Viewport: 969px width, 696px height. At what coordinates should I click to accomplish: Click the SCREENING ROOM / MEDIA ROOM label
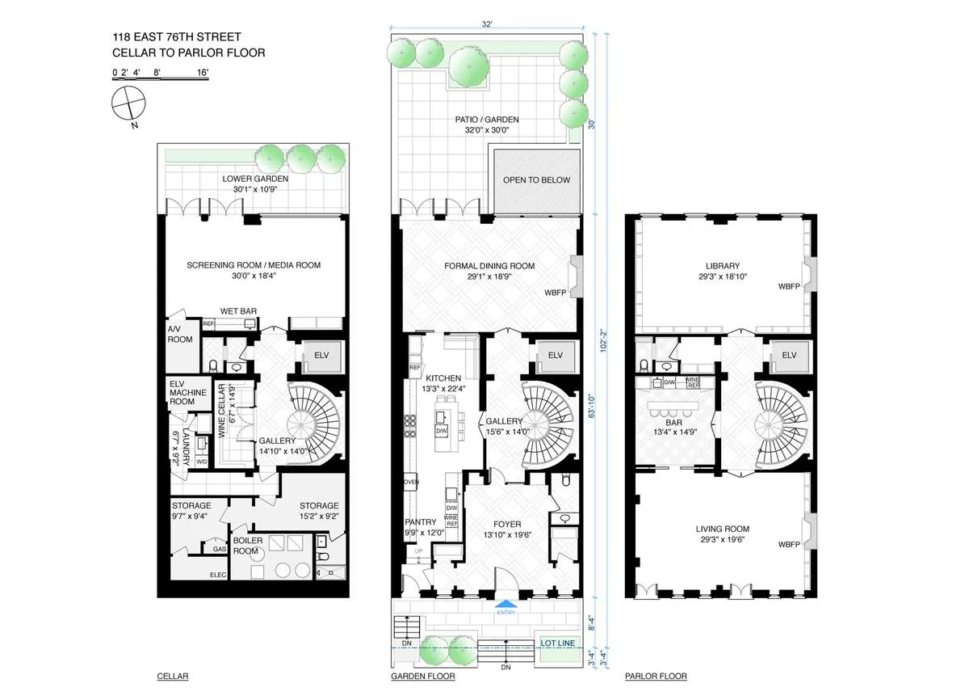[254, 265]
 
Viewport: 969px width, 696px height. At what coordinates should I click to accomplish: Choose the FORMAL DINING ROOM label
[489, 266]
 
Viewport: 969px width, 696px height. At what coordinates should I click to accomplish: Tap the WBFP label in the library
[788, 286]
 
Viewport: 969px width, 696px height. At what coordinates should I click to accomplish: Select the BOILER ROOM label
[247, 546]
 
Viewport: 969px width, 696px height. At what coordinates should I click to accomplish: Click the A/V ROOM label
[180, 334]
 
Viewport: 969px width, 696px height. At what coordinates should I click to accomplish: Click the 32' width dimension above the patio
[487, 25]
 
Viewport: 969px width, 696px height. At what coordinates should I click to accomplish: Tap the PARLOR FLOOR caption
[656, 676]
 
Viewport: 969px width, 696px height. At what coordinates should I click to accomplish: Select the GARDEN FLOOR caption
[422, 676]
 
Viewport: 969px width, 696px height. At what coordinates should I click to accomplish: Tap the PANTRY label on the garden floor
[421, 521]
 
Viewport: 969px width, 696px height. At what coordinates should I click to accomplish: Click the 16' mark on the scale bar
[202, 73]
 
